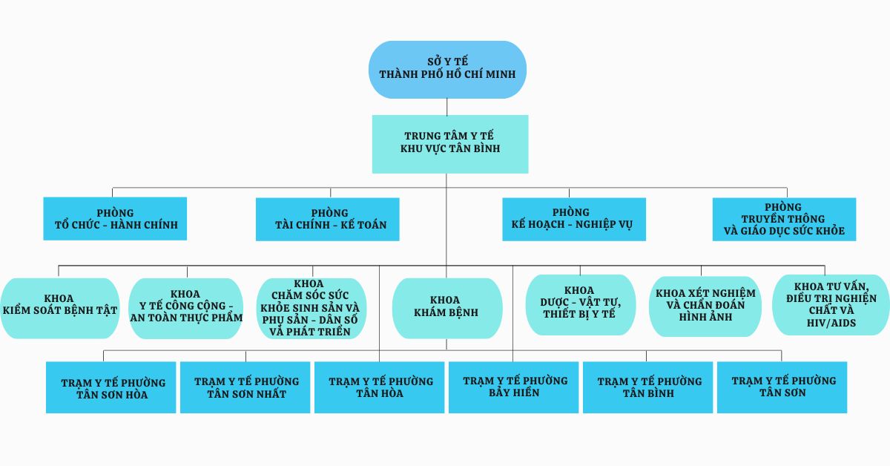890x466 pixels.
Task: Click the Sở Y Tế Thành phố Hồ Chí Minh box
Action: [x=448, y=69]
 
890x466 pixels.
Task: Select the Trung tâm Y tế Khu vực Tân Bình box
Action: [x=450, y=143]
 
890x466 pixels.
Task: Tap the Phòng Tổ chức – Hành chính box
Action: [x=115, y=219]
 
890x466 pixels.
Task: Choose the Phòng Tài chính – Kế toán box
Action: [x=327, y=219]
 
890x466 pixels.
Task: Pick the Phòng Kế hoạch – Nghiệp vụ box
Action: [x=573, y=219]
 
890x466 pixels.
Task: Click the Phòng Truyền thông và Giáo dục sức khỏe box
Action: [x=784, y=219]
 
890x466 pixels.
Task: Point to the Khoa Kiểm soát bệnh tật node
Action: [x=59, y=308]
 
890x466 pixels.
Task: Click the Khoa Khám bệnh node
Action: [x=447, y=308]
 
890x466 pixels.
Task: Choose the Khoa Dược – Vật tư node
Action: [x=580, y=305]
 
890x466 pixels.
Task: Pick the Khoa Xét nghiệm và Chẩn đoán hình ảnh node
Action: [x=705, y=305]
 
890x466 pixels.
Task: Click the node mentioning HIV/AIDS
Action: [x=830, y=305]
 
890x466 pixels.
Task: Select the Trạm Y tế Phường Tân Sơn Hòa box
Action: [x=111, y=387]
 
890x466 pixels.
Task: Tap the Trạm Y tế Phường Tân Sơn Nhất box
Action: [x=245, y=387]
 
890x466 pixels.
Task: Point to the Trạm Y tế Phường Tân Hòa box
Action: [x=380, y=387]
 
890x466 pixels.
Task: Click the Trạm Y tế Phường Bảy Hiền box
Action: [x=514, y=387]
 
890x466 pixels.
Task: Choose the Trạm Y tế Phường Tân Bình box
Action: [x=648, y=387]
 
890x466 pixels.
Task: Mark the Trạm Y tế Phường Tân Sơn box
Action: [x=782, y=387]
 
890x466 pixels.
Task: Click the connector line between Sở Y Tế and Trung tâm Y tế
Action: [x=447, y=107]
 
